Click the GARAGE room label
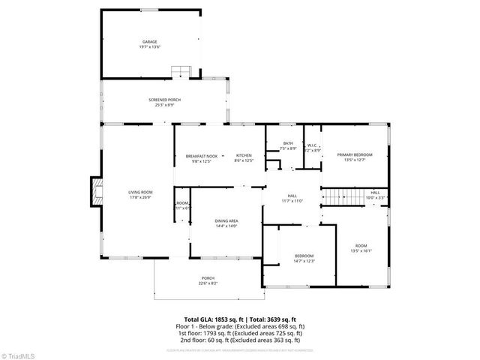[150, 41]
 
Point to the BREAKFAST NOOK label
[202, 156]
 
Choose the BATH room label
[288, 144]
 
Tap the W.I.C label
[313, 145]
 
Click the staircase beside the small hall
[342, 196]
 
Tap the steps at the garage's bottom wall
[181, 72]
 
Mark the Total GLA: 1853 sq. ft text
[214, 319]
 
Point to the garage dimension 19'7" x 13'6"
[150, 46]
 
